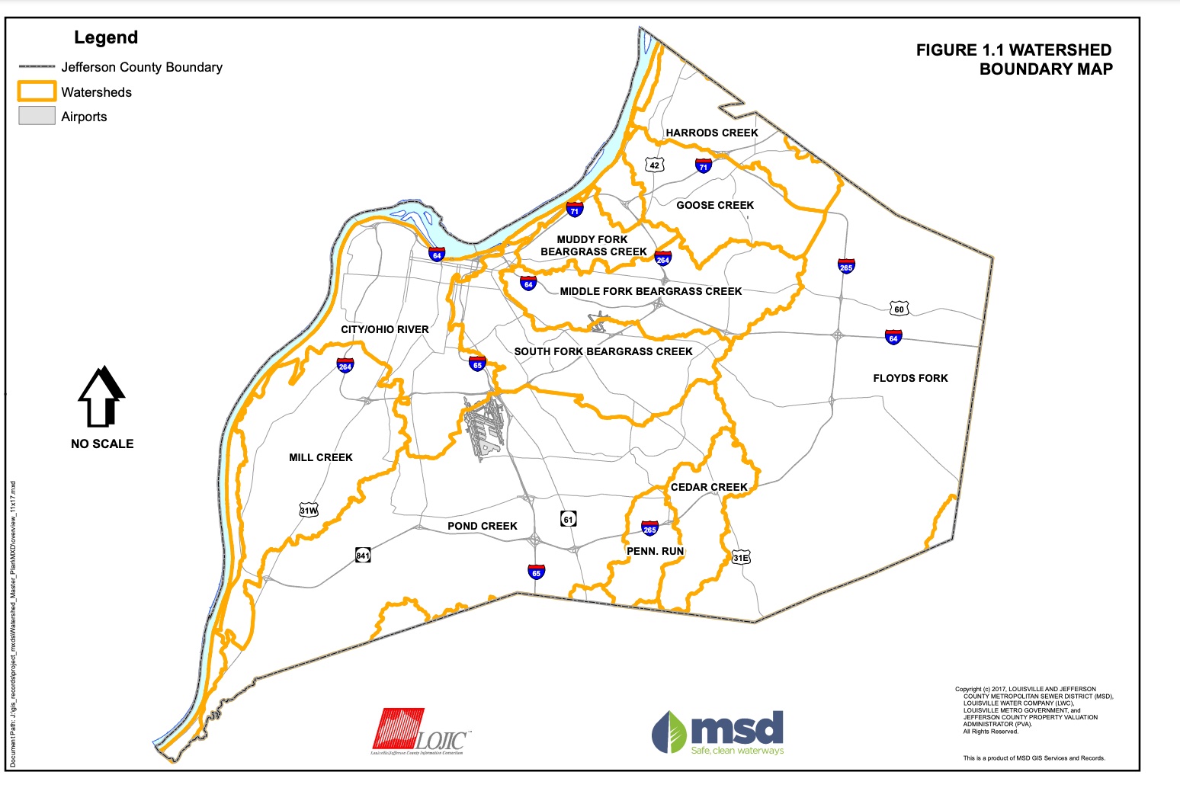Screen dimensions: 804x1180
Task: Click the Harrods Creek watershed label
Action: pos(712,133)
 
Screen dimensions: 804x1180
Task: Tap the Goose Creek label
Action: pos(715,205)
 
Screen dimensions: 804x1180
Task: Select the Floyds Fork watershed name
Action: pos(910,378)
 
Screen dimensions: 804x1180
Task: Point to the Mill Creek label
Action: pos(321,457)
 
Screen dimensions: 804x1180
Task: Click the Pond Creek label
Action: pos(483,526)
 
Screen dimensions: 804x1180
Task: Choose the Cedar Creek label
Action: pos(709,487)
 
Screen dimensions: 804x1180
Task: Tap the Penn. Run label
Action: pos(655,551)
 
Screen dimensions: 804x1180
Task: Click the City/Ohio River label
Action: pos(385,329)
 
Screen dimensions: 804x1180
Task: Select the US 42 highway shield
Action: pos(654,165)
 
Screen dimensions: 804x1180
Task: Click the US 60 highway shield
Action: pos(899,309)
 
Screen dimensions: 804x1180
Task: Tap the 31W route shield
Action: pos(309,510)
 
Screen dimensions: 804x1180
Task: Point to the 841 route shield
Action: pos(363,556)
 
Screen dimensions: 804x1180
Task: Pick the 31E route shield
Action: pos(741,557)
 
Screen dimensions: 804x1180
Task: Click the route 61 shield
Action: pos(568,519)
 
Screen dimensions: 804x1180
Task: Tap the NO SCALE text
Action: pos(102,444)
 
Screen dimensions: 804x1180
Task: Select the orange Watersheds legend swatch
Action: pos(37,91)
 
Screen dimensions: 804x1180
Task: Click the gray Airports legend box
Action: pos(37,116)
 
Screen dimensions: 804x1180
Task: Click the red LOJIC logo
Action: pos(399,729)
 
